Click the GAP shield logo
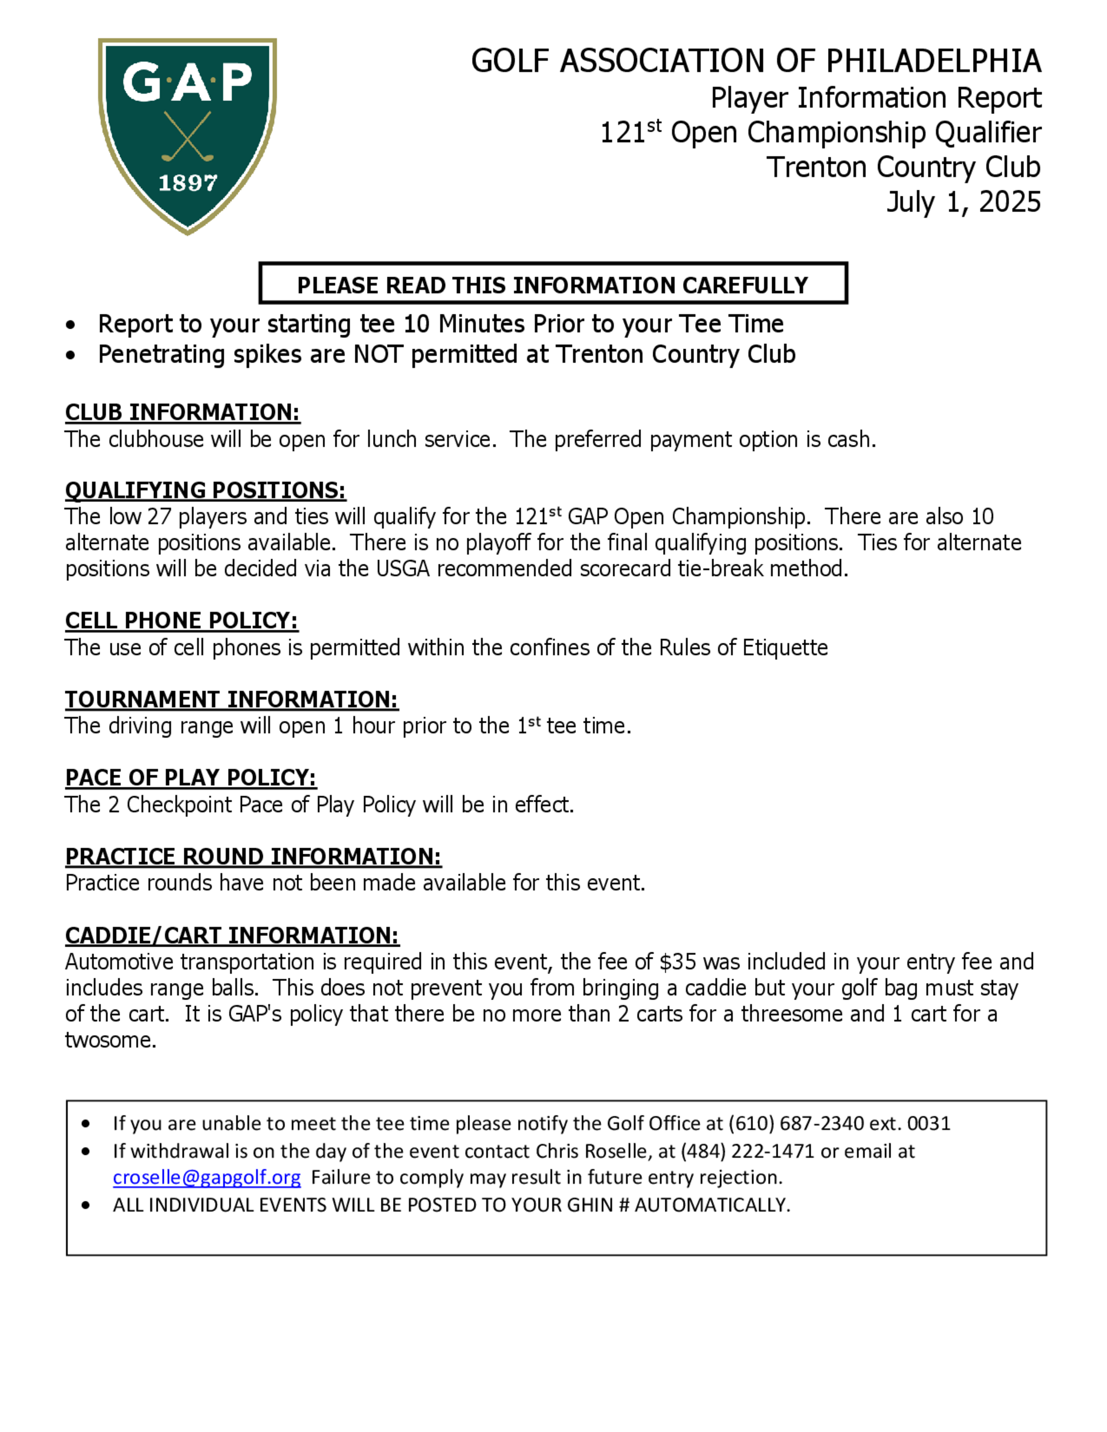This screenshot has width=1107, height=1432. (188, 134)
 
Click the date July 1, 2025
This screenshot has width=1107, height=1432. (964, 202)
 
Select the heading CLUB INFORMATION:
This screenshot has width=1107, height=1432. (182, 412)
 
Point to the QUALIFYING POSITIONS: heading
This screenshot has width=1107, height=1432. (205, 490)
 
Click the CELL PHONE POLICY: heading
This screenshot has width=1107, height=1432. (182, 620)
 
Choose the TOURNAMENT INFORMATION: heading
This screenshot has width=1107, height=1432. (231, 699)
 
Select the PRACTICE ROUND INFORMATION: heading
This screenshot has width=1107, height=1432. (253, 857)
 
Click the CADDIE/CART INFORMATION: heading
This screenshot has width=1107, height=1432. (232, 935)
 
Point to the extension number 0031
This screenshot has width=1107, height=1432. (929, 1123)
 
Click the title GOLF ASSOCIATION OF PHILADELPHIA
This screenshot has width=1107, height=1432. (756, 61)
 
